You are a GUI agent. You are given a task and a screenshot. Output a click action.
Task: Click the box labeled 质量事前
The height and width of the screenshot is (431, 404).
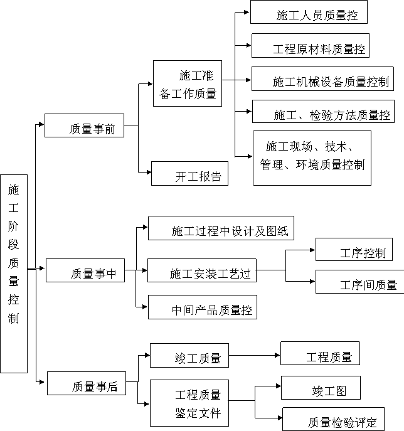click(84, 125)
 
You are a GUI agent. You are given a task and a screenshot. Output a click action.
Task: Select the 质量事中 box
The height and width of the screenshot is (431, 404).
click(85, 270)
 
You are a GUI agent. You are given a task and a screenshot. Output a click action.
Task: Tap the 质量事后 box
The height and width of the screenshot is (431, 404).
click(87, 383)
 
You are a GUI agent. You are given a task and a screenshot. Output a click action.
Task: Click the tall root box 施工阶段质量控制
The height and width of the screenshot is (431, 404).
click(14, 274)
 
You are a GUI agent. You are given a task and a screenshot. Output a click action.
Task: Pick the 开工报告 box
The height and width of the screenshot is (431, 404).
click(189, 173)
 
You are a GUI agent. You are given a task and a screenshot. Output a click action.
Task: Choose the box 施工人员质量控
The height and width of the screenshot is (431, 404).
click(309, 12)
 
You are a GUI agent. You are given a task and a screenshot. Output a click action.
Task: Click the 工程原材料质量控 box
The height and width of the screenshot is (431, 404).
click(311, 46)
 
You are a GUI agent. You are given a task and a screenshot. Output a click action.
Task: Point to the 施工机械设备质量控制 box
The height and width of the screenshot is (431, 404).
click(322, 78)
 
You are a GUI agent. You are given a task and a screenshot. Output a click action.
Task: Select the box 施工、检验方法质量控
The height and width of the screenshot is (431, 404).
click(323, 111)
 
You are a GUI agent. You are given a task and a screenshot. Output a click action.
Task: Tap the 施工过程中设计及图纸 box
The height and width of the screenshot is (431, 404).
click(221, 228)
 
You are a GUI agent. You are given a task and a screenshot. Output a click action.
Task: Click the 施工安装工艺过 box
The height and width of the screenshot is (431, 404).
click(202, 270)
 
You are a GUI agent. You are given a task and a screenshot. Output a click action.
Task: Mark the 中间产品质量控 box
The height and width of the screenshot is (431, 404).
click(203, 307)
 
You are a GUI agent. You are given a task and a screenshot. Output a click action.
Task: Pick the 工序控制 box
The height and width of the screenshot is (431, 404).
click(354, 250)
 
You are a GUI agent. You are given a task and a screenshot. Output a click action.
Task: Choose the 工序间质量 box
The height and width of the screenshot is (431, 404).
click(359, 282)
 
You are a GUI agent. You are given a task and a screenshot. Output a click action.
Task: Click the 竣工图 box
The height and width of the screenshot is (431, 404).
click(321, 388)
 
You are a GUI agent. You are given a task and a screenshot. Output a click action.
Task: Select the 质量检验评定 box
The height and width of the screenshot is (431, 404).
click(333, 419)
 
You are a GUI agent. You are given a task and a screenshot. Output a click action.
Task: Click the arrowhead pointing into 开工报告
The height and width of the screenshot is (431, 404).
click(149, 173)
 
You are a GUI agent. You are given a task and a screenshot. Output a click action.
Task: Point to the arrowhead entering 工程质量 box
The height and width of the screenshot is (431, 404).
click(277, 356)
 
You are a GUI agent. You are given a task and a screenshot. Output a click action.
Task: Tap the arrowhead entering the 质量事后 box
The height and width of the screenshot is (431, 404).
click(42, 382)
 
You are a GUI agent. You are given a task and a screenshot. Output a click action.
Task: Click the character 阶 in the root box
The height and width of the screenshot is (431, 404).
click(13, 226)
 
